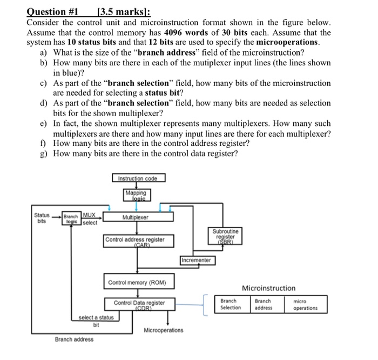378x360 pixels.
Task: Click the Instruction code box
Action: pos(139,178)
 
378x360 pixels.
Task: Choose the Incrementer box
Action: pos(197,260)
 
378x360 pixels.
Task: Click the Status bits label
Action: pos(41,218)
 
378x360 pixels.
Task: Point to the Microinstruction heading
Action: pos(268,288)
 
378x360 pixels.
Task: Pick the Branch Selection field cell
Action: pos(231,304)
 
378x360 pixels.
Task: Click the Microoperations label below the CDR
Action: pos(163,330)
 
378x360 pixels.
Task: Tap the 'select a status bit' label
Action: pos(96,321)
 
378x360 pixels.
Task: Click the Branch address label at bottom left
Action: pos(73,339)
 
